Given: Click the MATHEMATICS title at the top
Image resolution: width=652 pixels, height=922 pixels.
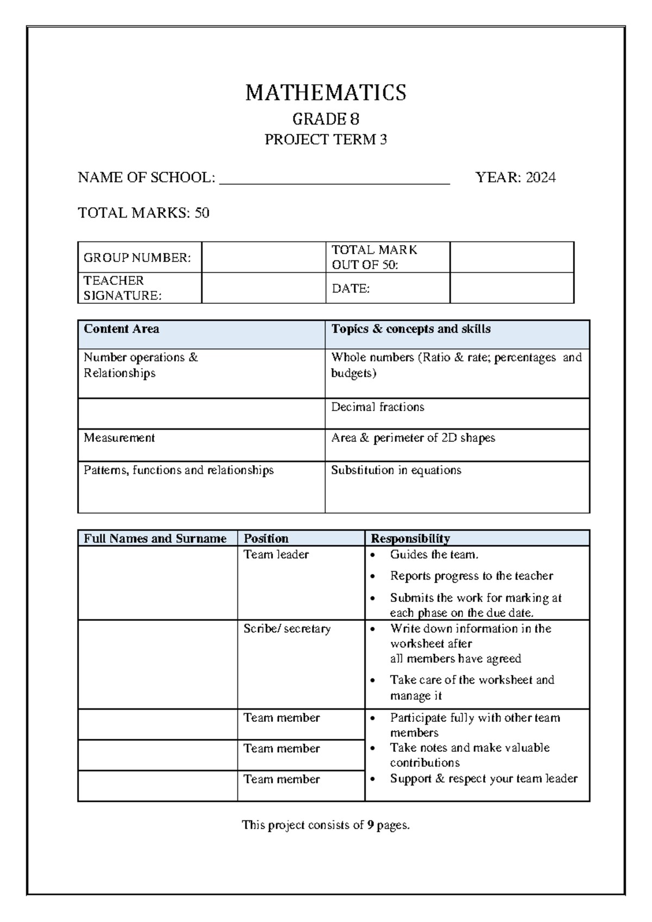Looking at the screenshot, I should coord(325,93).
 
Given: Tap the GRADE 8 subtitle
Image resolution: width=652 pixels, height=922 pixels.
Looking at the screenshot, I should coord(325,119).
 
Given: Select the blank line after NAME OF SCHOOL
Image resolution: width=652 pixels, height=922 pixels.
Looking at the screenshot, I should coord(334,179).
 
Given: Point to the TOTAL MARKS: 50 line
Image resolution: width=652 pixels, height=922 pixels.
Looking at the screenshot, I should coord(143,213).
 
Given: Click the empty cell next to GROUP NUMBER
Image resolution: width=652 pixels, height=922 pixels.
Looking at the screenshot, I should coord(263,257).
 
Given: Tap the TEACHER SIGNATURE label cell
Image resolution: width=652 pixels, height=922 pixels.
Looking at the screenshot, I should coord(140,288).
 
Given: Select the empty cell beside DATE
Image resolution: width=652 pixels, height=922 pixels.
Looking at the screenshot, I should coord(511,288).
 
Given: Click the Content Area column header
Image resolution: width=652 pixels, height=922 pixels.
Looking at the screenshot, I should coord(121,329).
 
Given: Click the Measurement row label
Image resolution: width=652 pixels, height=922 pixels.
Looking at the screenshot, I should coord(119,438).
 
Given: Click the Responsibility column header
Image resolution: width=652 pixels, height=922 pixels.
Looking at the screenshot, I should coord(410,539).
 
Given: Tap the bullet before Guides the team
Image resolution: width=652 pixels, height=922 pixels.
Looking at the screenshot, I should coord(372,556).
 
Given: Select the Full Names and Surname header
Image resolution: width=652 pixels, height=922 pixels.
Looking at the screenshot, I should coord(155,539).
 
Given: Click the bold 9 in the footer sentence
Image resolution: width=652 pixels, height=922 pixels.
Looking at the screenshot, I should coord(370,825).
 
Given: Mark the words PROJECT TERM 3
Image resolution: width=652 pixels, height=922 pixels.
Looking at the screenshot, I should coord(325,140).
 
